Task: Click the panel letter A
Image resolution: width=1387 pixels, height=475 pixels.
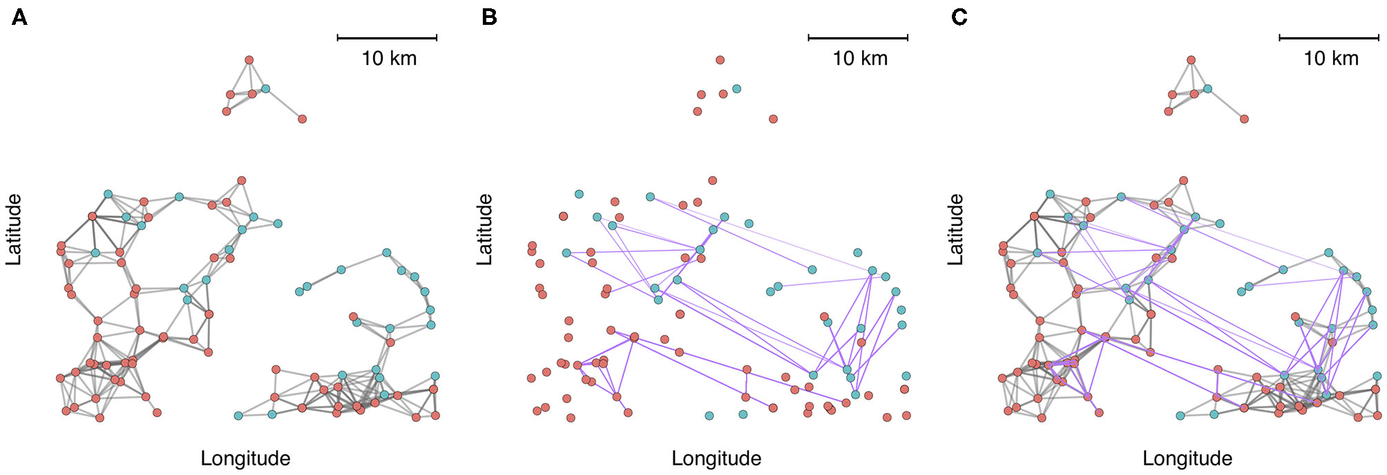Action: click(x=19, y=17)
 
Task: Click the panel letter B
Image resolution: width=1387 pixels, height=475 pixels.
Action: click(x=489, y=17)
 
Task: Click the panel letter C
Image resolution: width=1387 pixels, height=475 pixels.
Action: click(x=959, y=17)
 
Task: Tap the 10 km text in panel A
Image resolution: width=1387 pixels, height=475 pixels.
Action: click(x=389, y=58)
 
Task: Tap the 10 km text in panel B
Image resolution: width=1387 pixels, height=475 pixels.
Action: click(x=860, y=58)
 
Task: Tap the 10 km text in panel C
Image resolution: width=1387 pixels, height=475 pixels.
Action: click(x=1330, y=58)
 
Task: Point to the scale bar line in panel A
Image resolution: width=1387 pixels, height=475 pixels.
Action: click(x=387, y=38)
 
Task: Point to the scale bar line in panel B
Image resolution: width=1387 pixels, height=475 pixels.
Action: click(x=858, y=38)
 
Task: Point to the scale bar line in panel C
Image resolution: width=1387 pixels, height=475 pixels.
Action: click(x=1329, y=38)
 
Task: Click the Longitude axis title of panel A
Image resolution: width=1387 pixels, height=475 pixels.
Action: click(x=245, y=458)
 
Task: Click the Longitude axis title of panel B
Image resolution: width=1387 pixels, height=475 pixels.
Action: click(x=716, y=458)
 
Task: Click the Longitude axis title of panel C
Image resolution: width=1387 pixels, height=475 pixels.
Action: click(x=1187, y=458)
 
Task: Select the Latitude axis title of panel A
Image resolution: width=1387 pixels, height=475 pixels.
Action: click(x=15, y=229)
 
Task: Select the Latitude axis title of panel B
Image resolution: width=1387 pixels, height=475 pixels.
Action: click(x=486, y=229)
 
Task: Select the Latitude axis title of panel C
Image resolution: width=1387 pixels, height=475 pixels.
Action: click(x=956, y=229)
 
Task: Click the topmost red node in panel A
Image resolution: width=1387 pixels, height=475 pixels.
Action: click(x=249, y=60)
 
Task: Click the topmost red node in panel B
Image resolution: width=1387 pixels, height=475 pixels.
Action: click(x=720, y=60)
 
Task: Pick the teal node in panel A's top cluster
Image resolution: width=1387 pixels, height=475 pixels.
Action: click(x=265, y=88)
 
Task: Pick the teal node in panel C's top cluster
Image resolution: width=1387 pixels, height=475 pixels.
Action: click(x=1207, y=88)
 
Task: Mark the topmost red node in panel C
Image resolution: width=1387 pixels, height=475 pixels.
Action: click(x=1191, y=60)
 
